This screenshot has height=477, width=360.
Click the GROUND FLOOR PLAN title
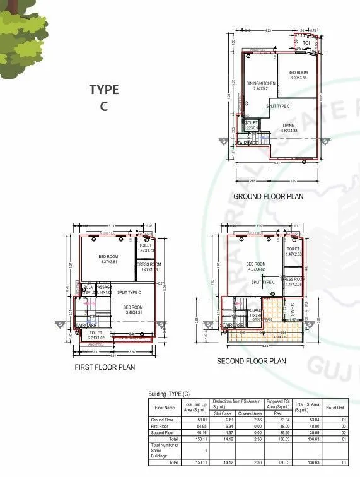click(x=268, y=196)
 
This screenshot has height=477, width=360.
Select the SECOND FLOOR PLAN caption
click(x=250, y=362)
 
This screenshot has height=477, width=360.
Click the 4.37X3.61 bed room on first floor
click(x=108, y=259)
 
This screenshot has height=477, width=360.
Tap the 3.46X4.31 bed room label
click(x=132, y=309)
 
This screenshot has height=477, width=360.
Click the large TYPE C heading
click(x=103, y=98)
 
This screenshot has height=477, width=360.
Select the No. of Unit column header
click(x=336, y=407)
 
